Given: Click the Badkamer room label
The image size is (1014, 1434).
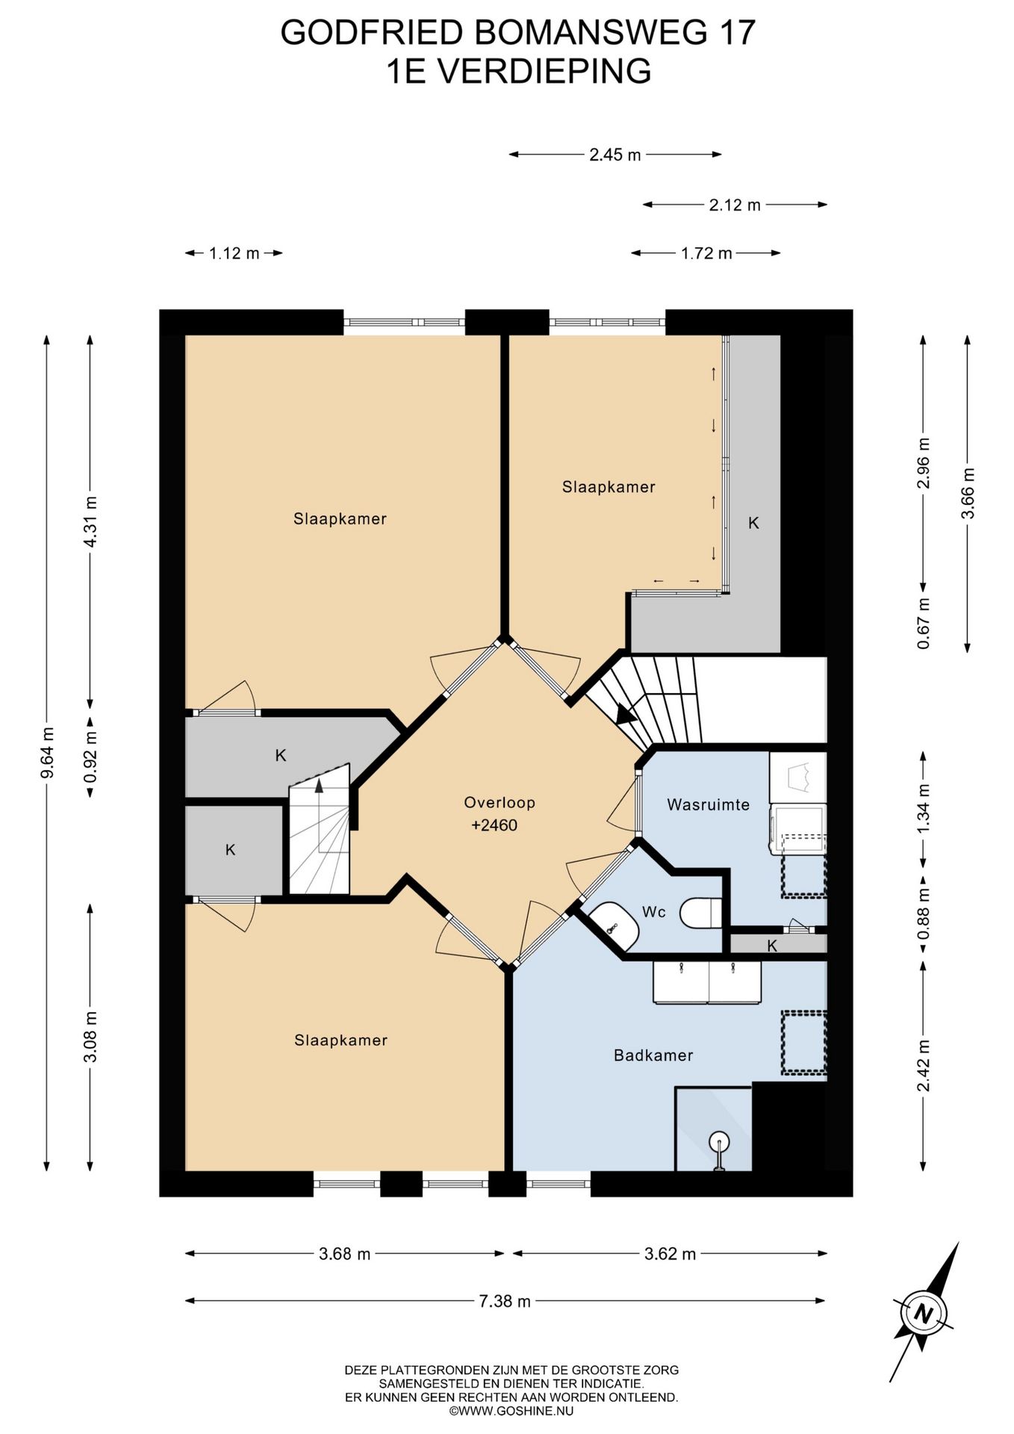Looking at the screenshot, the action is (653, 1055).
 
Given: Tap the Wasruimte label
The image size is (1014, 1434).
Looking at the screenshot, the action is (708, 804).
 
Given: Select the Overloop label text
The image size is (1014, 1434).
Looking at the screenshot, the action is (500, 803).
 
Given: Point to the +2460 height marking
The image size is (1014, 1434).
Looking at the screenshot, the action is (494, 825).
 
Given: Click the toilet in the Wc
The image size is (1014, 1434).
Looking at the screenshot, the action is (702, 913).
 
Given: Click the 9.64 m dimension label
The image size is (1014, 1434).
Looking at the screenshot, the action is (47, 753).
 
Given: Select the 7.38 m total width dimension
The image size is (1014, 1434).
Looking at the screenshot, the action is (505, 1302).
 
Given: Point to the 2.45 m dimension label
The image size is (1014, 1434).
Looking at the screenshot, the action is (615, 155).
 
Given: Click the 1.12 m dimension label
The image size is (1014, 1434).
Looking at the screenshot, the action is (234, 253).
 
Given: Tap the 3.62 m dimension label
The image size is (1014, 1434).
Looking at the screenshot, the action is (670, 1254).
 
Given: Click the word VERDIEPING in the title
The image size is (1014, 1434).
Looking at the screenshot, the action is (543, 72).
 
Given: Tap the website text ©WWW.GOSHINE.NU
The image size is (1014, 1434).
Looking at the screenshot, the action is (511, 1412).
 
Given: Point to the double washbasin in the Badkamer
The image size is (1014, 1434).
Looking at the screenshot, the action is (708, 982).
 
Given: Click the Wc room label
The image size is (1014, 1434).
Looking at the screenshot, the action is (654, 912).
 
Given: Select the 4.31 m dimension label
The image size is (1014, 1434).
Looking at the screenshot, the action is (90, 522).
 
